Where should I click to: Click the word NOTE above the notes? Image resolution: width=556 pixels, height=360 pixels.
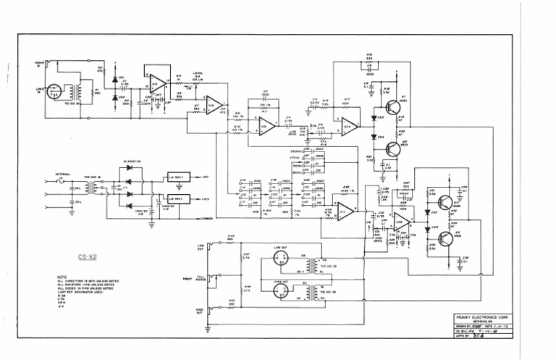61,276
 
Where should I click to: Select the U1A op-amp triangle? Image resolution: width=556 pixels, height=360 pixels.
213,106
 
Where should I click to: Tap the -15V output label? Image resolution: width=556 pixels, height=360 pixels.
205,177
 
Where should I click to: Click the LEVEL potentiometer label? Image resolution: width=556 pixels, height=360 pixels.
197,72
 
